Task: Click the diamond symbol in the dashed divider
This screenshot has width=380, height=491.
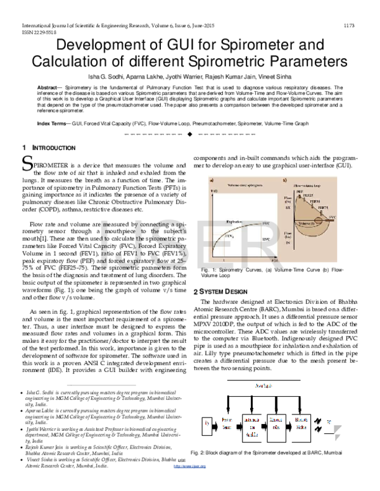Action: (189, 136)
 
